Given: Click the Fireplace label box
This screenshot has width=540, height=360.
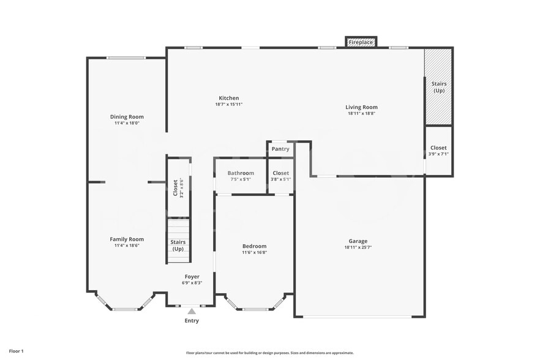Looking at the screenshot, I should click(x=361, y=42).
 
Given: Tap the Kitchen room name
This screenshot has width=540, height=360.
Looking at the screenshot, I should click(x=229, y=98).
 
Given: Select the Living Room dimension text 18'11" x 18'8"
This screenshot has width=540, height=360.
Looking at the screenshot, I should click(x=361, y=113).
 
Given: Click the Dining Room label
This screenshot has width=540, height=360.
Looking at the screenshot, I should click(x=127, y=116).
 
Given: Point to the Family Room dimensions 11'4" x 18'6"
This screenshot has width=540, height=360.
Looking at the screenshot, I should click(x=127, y=246).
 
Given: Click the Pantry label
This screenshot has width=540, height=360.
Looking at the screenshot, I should click(x=280, y=149).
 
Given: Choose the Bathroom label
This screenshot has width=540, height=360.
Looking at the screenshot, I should click(x=241, y=173).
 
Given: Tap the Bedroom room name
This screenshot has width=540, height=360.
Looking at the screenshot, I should click(x=254, y=246).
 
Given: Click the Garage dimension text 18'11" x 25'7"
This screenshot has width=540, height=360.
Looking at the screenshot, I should click(x=359, y=247).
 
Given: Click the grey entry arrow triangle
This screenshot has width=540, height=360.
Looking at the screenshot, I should click(x=191, y=312).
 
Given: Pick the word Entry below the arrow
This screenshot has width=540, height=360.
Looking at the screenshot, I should click(x=192, y=321).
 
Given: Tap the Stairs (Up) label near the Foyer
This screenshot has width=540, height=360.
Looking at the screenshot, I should click(x=178, y=246).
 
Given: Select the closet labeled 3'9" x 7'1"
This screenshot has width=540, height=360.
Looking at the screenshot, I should click(x=438, y=151).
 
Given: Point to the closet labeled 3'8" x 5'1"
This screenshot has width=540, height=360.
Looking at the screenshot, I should click(x=280, y=176).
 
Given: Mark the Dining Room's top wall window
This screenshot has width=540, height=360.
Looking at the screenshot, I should click(x=126, y=58).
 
